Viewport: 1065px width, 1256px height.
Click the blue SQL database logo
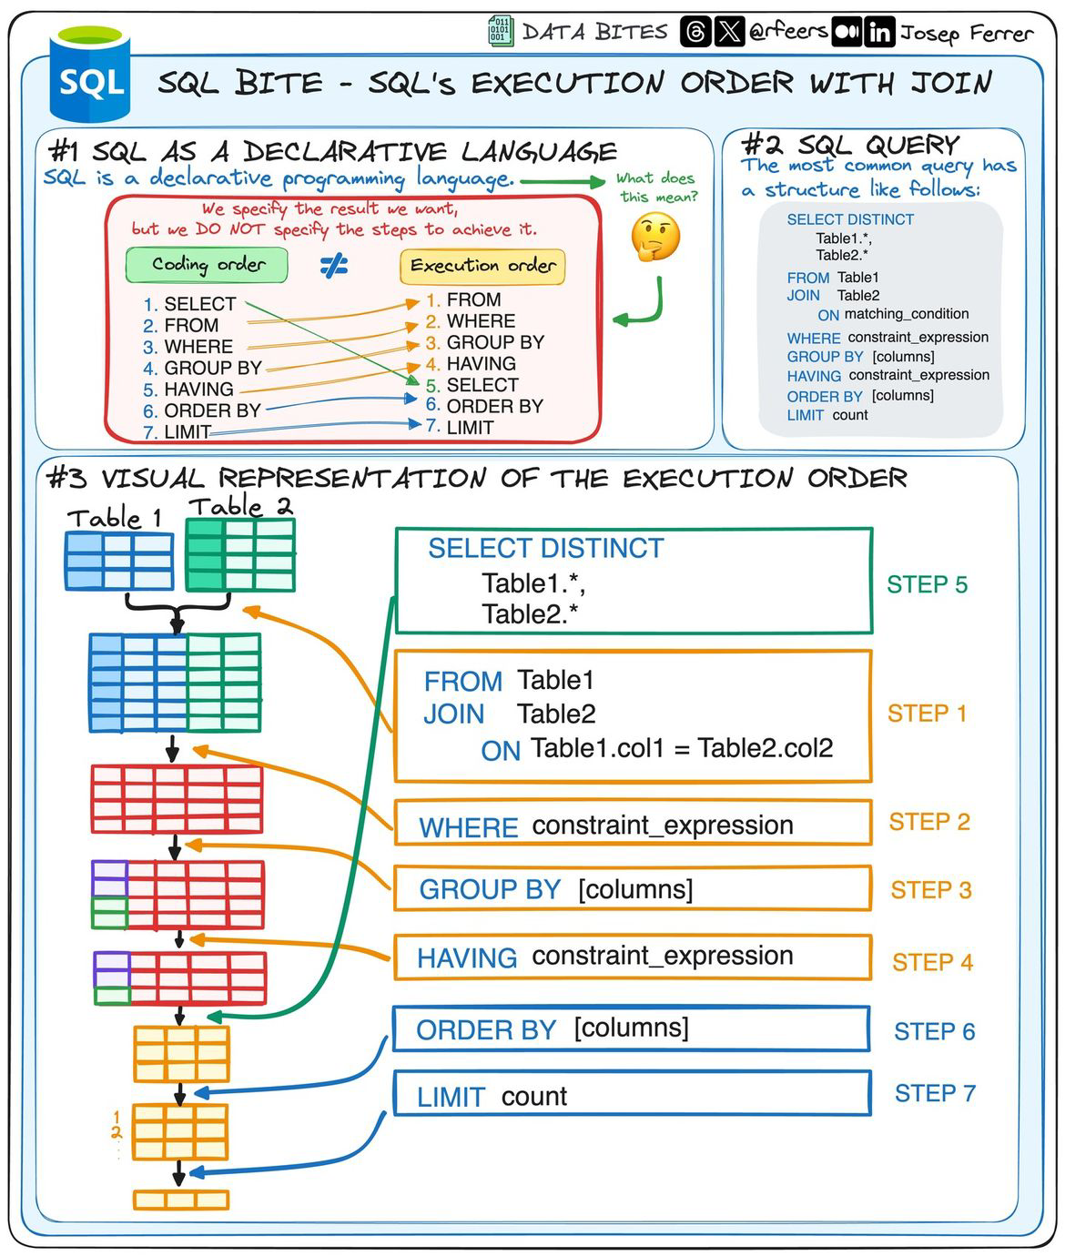90,77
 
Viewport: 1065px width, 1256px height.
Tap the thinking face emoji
655,238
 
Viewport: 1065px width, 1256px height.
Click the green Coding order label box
208,265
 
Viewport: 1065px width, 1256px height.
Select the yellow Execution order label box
482,266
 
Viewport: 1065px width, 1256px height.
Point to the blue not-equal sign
334,266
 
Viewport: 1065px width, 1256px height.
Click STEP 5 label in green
927,584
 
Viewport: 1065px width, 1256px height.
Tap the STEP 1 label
927,714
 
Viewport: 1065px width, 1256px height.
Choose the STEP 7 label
935,1093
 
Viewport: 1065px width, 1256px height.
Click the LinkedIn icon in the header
879,33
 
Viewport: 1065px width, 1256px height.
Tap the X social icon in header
729,33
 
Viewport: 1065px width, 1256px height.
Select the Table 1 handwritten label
115,518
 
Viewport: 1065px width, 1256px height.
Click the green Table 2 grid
240,554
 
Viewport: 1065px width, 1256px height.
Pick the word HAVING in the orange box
467,957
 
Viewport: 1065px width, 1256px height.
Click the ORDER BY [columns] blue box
631,1028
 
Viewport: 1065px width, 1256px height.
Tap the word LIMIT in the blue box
451,1097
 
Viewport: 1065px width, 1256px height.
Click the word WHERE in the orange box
468,827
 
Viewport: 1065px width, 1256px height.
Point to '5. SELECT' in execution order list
472,385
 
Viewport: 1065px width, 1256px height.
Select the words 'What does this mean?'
656,187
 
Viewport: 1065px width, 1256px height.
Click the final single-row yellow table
181,1200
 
